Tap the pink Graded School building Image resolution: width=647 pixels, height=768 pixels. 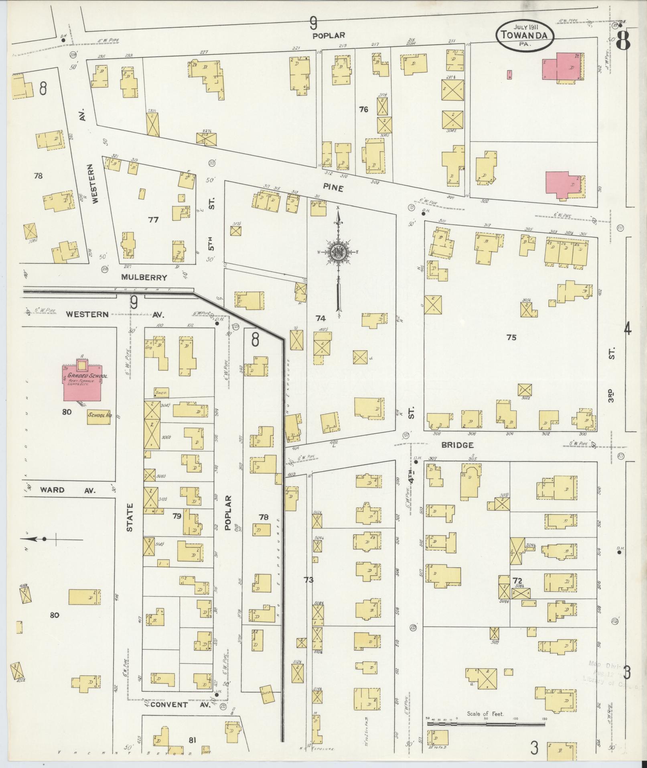pyautogui.click(x=82, y=383)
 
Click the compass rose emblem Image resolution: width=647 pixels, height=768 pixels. pyautogui.click(x=339, y=252)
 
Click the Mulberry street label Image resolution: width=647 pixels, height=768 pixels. pyautogui.click(x=144, y=277)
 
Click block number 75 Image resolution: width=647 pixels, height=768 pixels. pyautogui.click(x=511, y=338)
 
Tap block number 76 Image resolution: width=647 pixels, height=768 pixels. pyautogui.click(x=363, y=109)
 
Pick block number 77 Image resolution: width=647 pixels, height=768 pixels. pyautogui.click(x=153, y=220)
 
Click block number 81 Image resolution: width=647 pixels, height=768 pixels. pyautogui.click(x=192, y=740)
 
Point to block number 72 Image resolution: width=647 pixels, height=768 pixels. pyautogui.click(x=517, y=581)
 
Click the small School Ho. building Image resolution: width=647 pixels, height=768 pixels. pyautogui.click(x=99, y=416)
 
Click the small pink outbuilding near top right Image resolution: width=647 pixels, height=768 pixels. pyautogui.click(x=509, y=75)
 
